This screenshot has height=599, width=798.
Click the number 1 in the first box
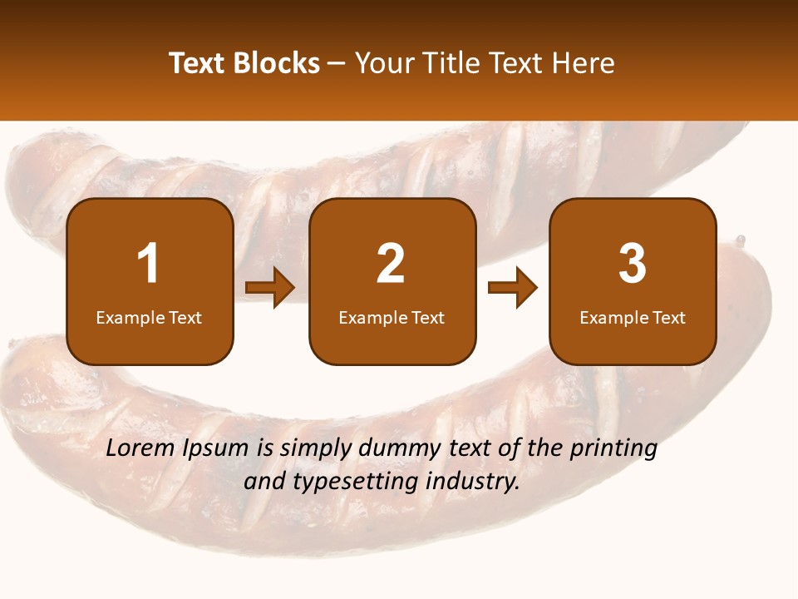(149, 264)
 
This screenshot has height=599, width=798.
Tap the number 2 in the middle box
(391, 264)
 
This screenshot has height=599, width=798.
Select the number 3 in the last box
(633, 264)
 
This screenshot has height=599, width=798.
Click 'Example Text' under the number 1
(149, 318)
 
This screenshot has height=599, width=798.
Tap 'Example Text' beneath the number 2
(392, 318)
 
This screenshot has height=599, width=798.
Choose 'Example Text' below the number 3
(633, 318)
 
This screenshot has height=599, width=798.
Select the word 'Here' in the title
(583, 63)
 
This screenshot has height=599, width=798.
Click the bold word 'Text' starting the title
(197, 63)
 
